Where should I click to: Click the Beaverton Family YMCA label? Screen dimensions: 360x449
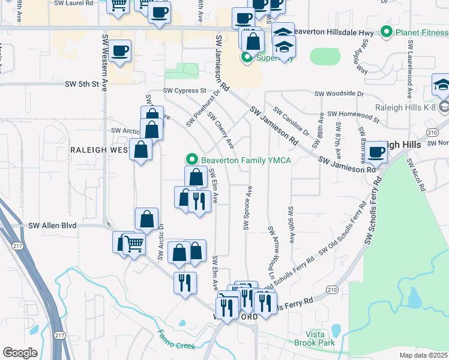[246, 160]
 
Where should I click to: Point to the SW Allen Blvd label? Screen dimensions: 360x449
[53, 226]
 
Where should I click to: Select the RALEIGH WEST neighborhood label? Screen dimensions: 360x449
[99, 149]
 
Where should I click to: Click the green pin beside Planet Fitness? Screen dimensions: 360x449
[387, 32]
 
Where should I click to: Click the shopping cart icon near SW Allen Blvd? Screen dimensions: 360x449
[134, 244]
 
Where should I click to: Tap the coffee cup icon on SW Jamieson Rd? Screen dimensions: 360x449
[376, 152]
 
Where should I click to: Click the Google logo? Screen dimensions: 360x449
[20, 353]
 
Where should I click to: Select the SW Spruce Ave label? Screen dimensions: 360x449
[247, 208]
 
